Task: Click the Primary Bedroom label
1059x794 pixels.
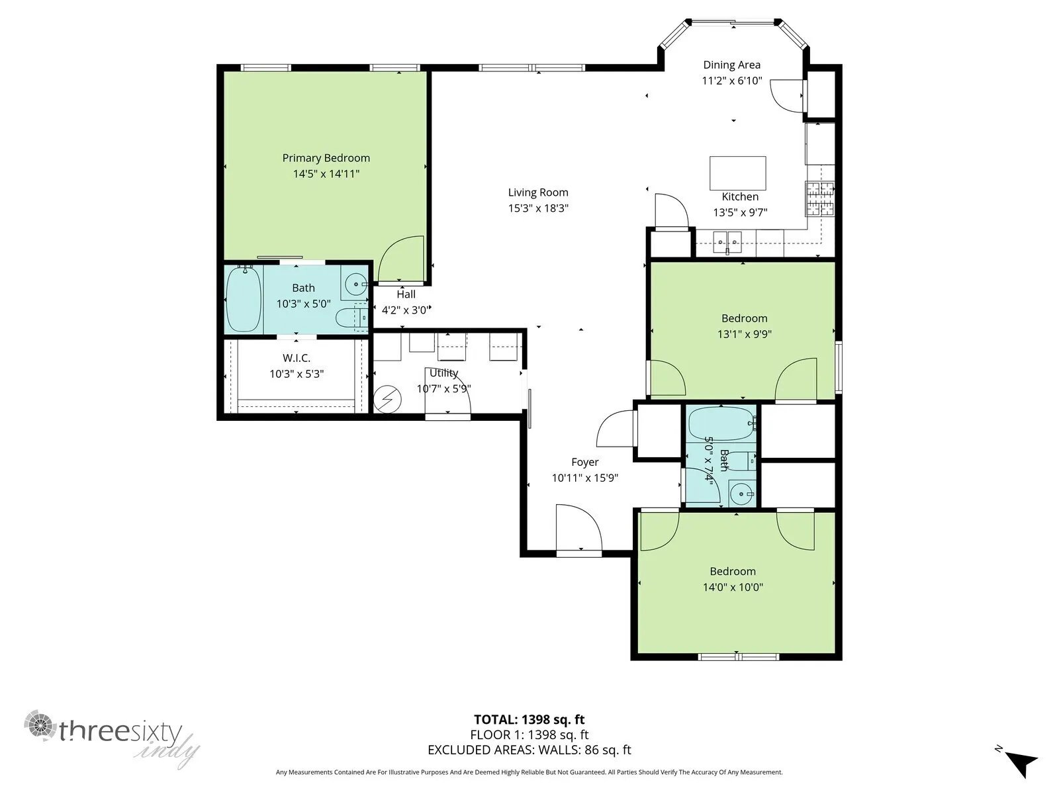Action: tap(326, 158)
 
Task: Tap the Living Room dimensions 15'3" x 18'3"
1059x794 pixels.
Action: tap(538, 208)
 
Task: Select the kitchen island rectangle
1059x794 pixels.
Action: tap(738, 173)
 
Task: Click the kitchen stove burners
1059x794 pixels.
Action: tap(819, 198)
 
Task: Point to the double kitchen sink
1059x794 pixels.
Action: tap(728, 239)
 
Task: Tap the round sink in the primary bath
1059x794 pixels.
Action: tap(357, 284)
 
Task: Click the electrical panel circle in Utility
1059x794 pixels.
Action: tap(387, 399)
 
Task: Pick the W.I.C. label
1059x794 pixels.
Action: tap(297, 358)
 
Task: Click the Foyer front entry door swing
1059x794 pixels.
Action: tap(579, 529)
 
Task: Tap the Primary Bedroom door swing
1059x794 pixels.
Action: tap(400, 259)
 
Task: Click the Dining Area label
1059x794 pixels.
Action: tap(731, 65)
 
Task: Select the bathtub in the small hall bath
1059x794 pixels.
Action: tap(721, 423)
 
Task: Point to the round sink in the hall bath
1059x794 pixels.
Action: tap(742, 493)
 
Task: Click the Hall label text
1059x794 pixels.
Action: tap(406, 294)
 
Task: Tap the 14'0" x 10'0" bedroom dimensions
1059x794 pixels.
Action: tap(733, 587)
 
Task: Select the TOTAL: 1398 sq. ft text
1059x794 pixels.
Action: tap(529, 720)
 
